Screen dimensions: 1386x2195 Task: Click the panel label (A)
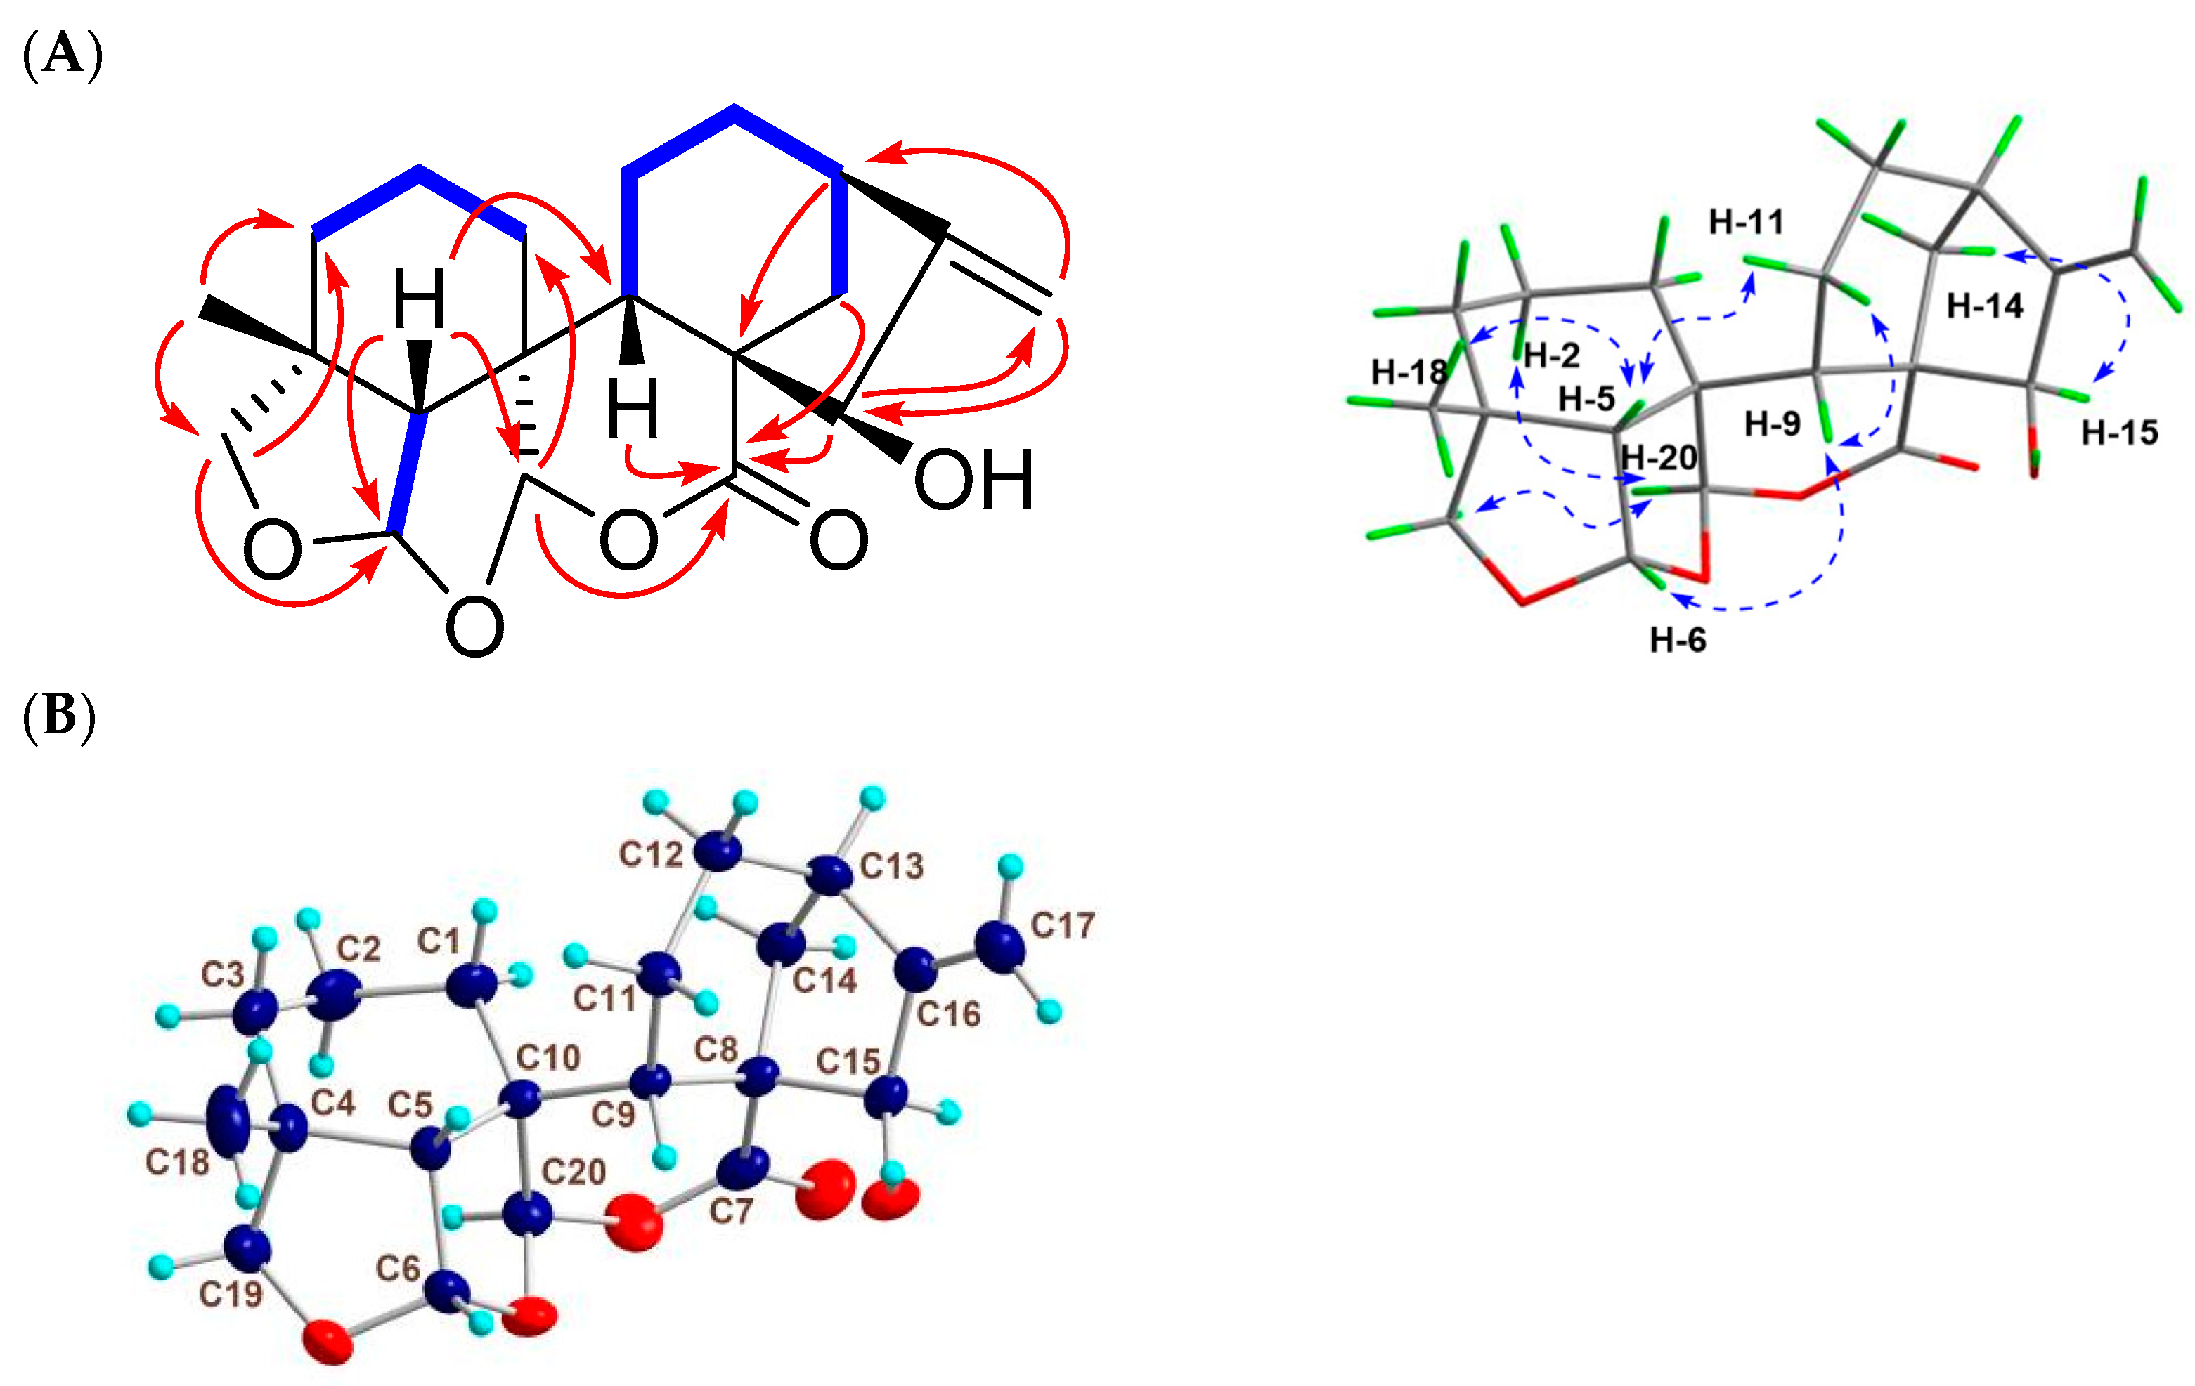coord(62,55)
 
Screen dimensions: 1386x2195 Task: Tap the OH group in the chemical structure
coord(973,480)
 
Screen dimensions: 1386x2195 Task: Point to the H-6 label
coord(1677,641)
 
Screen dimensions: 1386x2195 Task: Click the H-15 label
coord(2119,433)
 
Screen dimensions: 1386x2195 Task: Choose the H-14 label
coord(1984,306)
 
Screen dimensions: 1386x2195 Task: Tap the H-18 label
coord(1409,372)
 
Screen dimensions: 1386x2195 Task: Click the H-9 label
coord(1772,424)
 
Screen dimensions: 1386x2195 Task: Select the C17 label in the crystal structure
coord(1062,926)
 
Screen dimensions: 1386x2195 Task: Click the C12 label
coord(650,854)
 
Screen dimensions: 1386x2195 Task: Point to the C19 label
coord(231,1293)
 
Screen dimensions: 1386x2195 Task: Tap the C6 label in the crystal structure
coord(399,1267)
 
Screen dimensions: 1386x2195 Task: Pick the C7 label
coord(731,1211)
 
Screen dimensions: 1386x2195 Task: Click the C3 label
coord(222,974)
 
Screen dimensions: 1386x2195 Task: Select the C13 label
coord(891,865)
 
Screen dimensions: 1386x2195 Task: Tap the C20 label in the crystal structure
coord(574,1171)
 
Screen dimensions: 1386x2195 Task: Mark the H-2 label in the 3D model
coord(1551,355)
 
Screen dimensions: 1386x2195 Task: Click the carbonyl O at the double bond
coord(838,540)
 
